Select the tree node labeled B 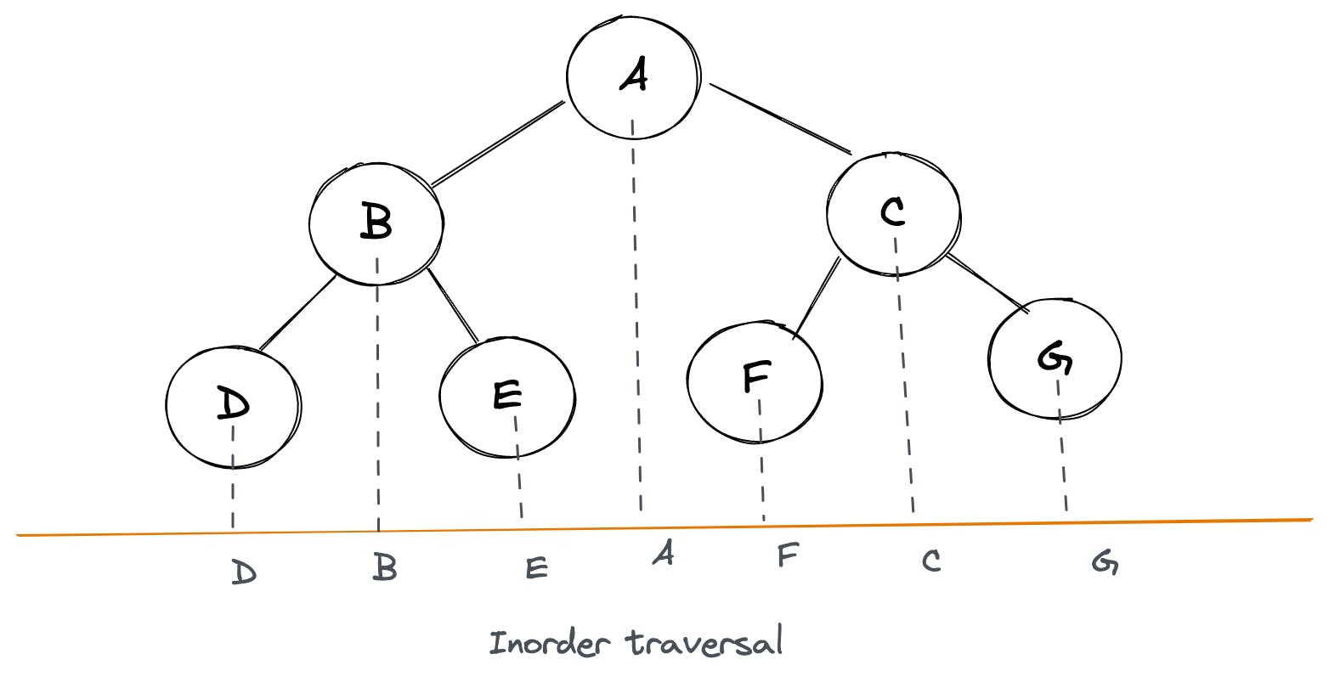pos(376,223)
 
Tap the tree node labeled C pos(893,212)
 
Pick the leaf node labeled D pos(232,406)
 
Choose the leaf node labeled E pos(506,397)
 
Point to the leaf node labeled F pos(755,380)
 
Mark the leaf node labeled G pos(1055,358)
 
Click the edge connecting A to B pos(497,143)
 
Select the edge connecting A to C pos(780,118)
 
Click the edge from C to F pos(817,298)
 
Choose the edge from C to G pos(987,282)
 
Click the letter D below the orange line pos(243,573)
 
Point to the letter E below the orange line pos(536,567)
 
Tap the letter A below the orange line pos(663,553)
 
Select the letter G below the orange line pos(1105,563)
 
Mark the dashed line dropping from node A pos(636,340)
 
